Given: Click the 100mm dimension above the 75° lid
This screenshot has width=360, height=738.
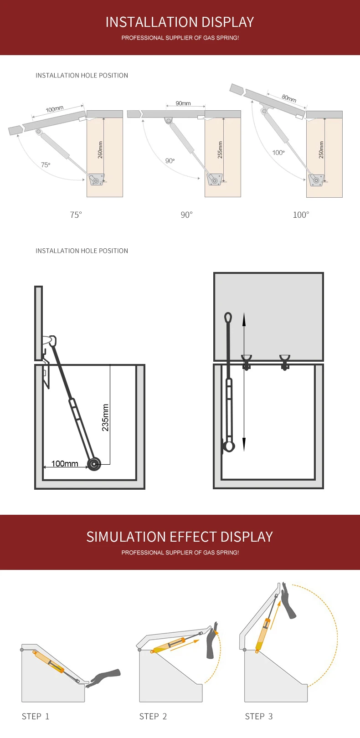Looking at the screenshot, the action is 54,109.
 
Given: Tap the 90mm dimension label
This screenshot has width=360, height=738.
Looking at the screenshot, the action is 183,103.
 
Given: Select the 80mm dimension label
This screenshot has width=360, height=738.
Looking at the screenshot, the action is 289,98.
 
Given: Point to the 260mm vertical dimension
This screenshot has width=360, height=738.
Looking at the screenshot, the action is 101,150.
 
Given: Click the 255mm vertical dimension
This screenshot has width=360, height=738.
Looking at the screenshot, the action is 220,150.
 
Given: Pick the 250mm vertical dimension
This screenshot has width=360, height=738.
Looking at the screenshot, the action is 321,150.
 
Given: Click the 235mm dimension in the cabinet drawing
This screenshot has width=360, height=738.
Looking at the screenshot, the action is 105,417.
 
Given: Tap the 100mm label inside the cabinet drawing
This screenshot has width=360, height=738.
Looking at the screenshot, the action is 65,464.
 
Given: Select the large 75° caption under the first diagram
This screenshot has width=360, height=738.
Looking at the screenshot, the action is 76,215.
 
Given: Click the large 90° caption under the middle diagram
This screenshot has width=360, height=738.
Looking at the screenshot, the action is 186,215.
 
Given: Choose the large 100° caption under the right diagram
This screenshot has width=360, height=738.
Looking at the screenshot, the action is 301,215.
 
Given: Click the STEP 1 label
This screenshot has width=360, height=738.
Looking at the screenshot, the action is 36,716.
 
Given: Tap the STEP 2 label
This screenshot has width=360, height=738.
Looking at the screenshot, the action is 153,716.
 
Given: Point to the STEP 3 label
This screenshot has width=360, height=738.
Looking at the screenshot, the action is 259,716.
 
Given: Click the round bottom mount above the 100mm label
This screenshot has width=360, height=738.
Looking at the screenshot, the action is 94,464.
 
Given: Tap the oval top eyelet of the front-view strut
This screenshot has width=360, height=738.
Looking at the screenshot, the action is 228,318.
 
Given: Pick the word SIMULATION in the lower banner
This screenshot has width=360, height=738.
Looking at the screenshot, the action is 127,537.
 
